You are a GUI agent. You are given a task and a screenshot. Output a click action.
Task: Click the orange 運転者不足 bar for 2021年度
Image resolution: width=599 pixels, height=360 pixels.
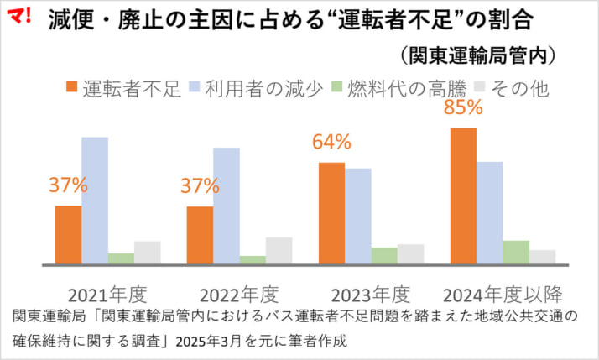(x=68, y=235)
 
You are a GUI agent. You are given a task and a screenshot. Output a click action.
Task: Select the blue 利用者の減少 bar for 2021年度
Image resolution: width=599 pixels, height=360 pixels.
(x=94, y=201)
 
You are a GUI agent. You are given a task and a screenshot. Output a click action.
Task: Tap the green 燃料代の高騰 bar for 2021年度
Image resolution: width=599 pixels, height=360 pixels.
(x=121, y=258)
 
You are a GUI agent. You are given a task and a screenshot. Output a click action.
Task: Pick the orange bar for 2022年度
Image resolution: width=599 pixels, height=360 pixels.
(x=200, y=236)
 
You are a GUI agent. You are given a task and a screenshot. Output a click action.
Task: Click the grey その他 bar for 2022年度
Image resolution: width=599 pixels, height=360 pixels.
(x=279, y=251)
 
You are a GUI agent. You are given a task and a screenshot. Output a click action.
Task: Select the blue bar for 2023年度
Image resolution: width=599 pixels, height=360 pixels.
(x=357, y=217)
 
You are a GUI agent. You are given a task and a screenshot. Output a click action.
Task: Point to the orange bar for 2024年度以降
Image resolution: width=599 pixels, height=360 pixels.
(x=463, y=196)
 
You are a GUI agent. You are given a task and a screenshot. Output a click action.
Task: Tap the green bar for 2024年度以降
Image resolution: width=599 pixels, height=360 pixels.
(x=516, y=253)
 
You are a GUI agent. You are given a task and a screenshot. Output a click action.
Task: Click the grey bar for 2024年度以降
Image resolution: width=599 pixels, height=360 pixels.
(x=542, y=257)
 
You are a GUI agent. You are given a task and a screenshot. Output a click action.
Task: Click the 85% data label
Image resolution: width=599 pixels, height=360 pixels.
(x=462, y=107)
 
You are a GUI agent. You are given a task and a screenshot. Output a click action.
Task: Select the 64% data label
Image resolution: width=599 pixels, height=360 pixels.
(x=331, y=143)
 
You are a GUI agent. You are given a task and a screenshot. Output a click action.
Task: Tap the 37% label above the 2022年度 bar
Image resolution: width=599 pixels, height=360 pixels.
(x=200, y=186)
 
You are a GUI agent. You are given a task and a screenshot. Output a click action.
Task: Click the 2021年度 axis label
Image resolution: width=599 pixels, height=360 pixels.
(x=107, y=295)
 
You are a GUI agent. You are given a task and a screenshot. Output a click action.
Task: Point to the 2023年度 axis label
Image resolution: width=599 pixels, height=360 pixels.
(x=371, y=295)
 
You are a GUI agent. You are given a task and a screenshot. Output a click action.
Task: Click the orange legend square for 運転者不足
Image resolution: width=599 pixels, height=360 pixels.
(x=71, y=86)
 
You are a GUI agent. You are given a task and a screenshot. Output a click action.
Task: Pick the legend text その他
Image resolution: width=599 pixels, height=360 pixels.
(x=520, y=87)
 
